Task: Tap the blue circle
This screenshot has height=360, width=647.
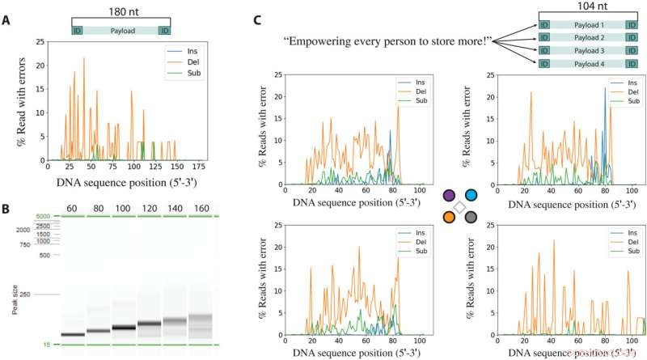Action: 471,195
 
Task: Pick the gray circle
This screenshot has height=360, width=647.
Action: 471,217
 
